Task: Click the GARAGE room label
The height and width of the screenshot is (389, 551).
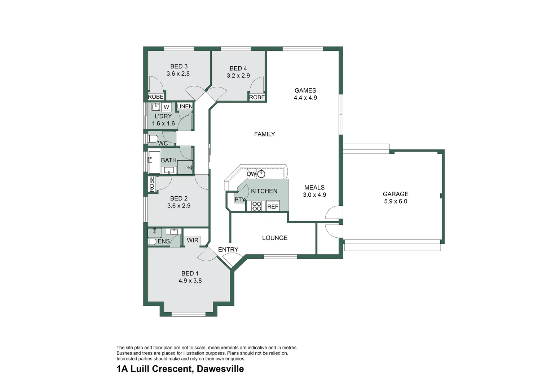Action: click(396, 194)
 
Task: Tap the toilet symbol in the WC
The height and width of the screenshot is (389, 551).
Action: click(153, 139)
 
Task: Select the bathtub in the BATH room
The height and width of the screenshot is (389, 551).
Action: click(154, 162)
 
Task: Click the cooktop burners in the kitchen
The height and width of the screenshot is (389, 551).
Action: click(256, 206)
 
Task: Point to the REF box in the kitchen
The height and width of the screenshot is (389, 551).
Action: click(273, 206)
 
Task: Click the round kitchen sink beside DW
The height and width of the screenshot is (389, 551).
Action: click(261, 174)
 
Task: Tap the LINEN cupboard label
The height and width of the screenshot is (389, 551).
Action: click(185, 107)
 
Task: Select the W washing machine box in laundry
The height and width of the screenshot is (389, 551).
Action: click(166, 107)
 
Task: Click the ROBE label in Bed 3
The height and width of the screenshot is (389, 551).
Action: click(156, 97)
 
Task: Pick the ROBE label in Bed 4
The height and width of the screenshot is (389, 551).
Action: click(257, 97)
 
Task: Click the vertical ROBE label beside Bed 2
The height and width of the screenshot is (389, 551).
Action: click(152, 184)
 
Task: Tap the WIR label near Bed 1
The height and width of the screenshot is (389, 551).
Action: click(193, 240)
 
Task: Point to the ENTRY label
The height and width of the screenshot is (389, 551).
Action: click(228, 250)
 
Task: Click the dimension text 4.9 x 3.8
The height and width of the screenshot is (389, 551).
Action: click(190, 281)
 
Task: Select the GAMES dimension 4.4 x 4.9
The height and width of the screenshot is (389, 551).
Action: click(305, 98)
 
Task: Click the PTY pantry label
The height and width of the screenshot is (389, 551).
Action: click(240, 200)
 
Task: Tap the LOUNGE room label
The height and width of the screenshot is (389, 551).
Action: click(275, 238)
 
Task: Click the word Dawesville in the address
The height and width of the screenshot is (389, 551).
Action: click(220, 369)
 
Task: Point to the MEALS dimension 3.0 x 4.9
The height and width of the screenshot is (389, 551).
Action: click(314, 195)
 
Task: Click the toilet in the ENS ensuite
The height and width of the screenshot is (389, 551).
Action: click(152, 242)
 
